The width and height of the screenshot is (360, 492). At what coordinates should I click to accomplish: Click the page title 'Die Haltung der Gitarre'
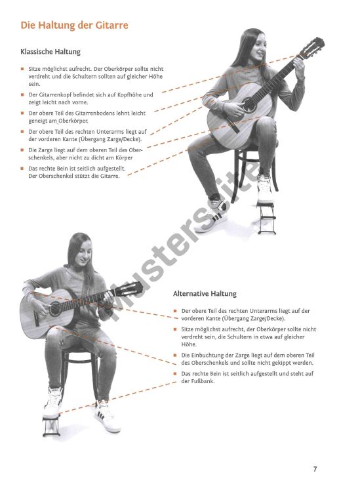(74, 26)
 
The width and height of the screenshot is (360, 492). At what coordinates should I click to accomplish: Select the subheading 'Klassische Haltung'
(50, 52)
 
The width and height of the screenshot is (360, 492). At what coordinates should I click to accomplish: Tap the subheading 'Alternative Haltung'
(205, 294)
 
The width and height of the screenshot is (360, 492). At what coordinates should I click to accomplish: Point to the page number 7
(315, 469)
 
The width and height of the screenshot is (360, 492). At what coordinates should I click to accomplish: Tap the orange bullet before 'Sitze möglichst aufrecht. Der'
(23, 69)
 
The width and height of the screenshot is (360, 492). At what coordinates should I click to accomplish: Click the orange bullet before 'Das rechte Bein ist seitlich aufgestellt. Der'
(23, 169)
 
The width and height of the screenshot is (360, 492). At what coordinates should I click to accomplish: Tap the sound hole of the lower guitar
(56, 308)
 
